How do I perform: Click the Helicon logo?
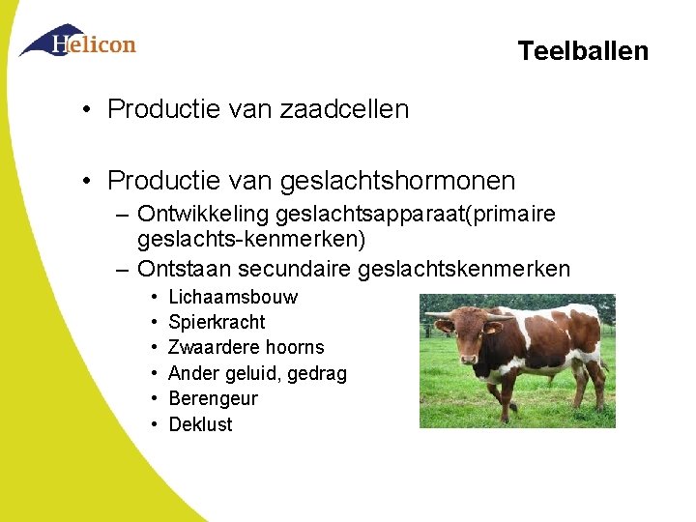(x=78, y=42)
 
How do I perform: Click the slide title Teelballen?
(x=582, y=50)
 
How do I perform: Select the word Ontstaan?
(x=181, y=268)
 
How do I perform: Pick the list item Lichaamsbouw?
(x=233, y=297)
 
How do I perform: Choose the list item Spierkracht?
(x=217, y=322)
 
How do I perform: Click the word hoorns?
(x=293, y=347)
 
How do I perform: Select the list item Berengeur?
(x=213, y=398)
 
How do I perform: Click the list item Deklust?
(x=200, y=424)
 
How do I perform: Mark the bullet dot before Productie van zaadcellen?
(x=88, y=108)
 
